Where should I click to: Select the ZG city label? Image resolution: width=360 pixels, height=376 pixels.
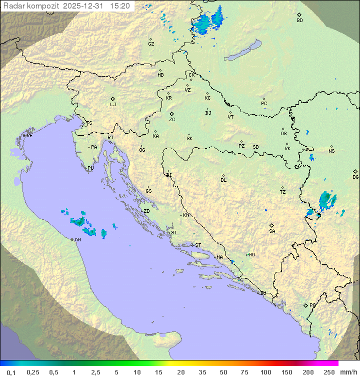tap(172, 120)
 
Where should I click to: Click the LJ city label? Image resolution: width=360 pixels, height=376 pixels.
tap(113, 105)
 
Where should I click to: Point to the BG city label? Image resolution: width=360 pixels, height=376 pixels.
tap(355, 177)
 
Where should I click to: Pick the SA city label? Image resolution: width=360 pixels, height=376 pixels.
tap(272, 231)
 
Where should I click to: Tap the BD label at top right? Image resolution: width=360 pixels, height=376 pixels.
tap(299, 21)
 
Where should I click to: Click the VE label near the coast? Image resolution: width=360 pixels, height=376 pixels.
tap(29, 136)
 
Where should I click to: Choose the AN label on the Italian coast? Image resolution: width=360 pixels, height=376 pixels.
tap(77, 240)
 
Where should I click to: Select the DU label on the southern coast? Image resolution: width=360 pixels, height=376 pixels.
tap(262, 293)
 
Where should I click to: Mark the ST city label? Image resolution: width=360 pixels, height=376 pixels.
tap(198, 245)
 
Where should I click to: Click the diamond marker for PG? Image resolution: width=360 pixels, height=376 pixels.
tap(306, 305)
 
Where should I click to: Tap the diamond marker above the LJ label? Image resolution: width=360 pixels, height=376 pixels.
tap(113, 99)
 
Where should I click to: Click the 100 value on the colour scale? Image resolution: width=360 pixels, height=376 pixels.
tap(265, 372)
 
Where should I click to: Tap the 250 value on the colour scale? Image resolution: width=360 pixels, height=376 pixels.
tap(329, 372)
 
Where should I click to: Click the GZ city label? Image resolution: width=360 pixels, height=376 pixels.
tap(151, 44)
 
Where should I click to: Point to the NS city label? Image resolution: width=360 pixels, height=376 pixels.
tap(331, 151)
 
